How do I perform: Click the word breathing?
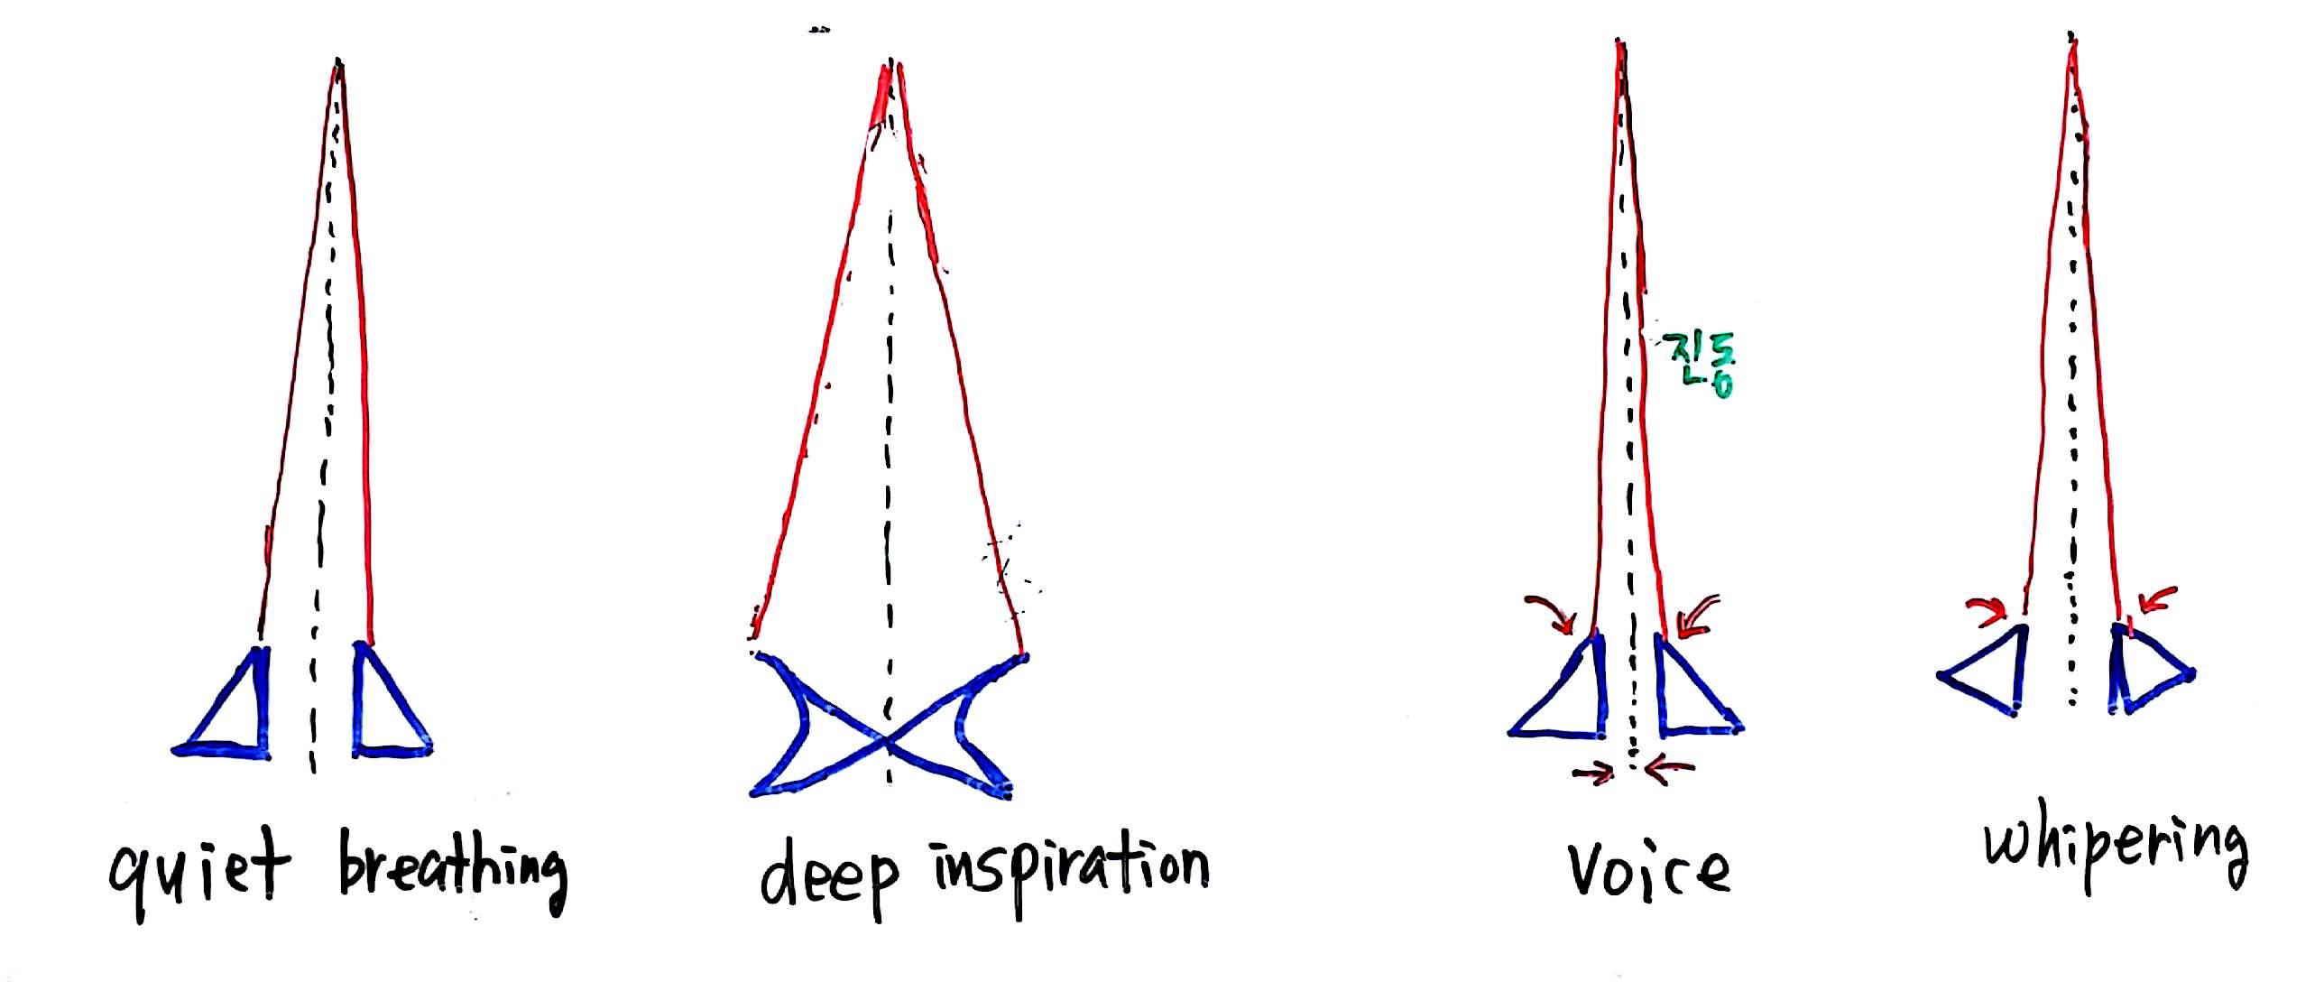pyautogui.click(x=453, y=871)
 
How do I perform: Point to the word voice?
pyautogui.click(x=1648, y=870)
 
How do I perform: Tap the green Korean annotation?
pyautogui.click(x=1698, y=363)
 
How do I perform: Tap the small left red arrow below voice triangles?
pyautogui.click(x=1593, y=773)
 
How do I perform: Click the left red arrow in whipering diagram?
pyautogui.click(x=1988, y=610)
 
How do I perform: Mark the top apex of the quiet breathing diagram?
pyautogui.click(x=338, y=61)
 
